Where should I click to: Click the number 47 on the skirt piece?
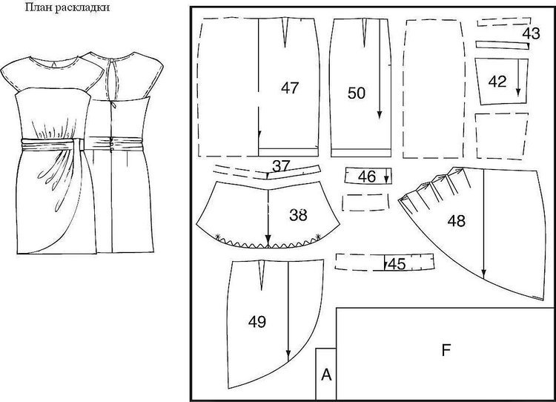pyautogui.click(x=290, y=88)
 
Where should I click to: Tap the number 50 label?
pyautogui.click(x=357, y=93)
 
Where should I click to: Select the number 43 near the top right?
pyautogui.click(x=531, y=33)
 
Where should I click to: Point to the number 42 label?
pyautogui.click(x=497, y=82)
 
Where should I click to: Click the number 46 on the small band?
pyautogui.click(x=367, y=177)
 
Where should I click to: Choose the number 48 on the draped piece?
pyautogui.click(x=457, y=221)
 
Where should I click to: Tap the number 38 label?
pyautogui.click(x=298, y=215)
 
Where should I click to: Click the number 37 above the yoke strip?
pyautogui.click(x=281, y=165)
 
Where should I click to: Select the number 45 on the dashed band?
pyautogui.click(x=397, y=264)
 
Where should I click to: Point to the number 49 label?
pyautogui.click(x=257, y=322)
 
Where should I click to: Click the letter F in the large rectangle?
pyautogui.click(x=446, y=350)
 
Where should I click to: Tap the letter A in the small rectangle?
pyautogui.click(x=326, y=375)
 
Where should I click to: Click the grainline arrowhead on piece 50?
pyautogui.click(x=380, y=115)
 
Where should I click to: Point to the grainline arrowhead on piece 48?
pyautogui.click(x=483, y=273)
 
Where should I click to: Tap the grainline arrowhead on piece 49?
pyautogui.click(x=288, y=355)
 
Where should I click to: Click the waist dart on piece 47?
pyautogui.click(x=285, y=33)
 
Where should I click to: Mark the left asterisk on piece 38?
pyautogui.click(x=218, y=237)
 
